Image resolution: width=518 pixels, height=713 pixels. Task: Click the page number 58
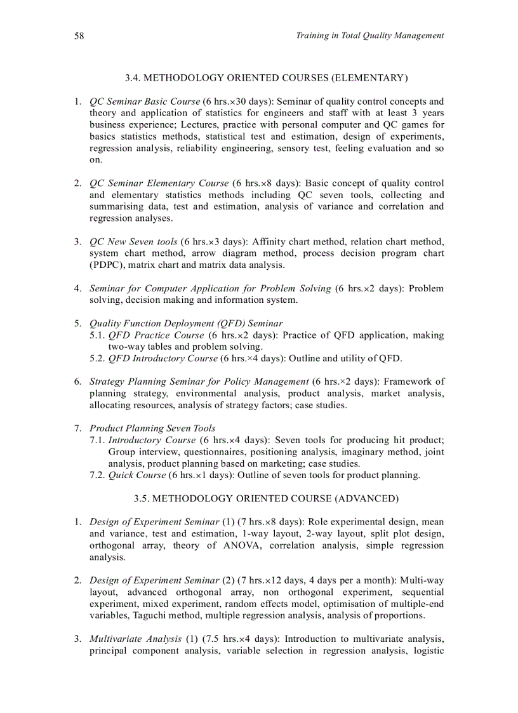79,36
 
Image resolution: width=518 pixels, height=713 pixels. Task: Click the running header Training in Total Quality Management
369,36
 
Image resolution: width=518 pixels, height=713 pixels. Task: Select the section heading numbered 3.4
266,77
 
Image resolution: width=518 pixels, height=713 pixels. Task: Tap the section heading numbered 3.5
266,498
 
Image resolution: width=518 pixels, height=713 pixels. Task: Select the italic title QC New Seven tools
133,242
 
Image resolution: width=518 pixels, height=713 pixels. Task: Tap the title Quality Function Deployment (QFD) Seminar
186,323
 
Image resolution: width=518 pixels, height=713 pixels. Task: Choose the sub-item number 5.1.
97,335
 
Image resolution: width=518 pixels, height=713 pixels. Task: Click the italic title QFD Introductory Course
163,358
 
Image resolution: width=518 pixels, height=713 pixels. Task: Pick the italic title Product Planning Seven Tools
152,429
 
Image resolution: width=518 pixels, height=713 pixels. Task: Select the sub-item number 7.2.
97,475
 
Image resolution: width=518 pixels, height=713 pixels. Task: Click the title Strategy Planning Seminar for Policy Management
199,382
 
